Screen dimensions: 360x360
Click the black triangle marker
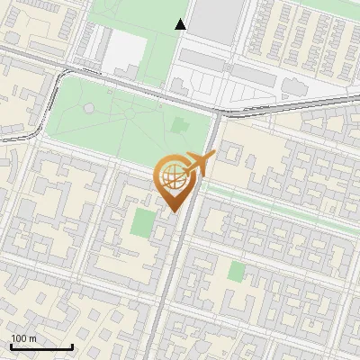tap(181, 24)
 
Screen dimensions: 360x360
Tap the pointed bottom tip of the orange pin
tap(172, 211)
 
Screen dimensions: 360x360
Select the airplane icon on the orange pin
tap(197, 164)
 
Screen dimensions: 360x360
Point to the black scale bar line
tap(41, 347)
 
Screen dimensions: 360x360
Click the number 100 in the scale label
tap(19, 338)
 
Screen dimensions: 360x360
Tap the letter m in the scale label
tap(32, 338)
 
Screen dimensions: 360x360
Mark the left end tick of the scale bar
tap(11, 346)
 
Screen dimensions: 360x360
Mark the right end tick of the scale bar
tap(72, 346)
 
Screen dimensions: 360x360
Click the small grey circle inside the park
tap(89, 108)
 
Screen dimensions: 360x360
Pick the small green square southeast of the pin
tap(236, 271)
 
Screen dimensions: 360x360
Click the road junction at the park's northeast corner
tap(220, 112)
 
